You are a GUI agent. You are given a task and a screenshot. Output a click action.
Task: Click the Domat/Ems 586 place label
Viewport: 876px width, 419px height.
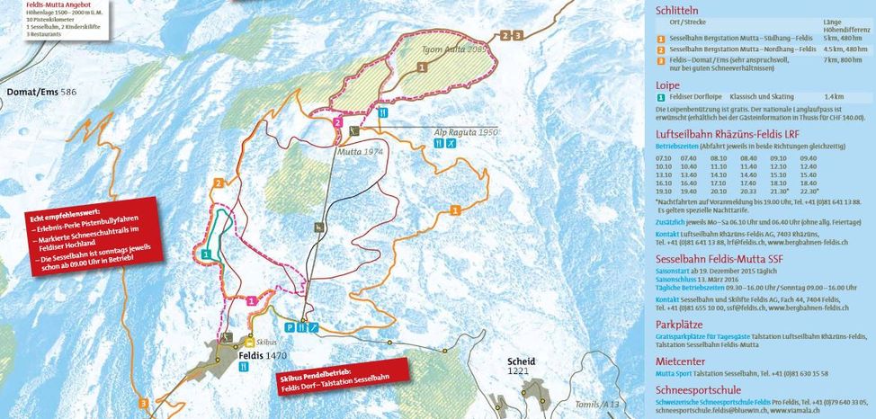click(x=41, y=93)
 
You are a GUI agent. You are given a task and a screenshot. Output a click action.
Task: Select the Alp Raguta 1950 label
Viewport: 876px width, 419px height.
click(x=466, y=132)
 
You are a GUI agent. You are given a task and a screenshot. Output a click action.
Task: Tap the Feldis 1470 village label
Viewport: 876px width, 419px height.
click(x=262, y=355)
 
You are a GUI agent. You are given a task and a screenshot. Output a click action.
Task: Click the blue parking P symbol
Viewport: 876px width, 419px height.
click(x=289, y=327)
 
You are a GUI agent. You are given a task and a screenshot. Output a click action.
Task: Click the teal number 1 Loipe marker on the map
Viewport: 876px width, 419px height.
click(x=207, y=254)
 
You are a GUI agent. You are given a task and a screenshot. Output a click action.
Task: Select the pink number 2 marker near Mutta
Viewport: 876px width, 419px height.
click(x=336, y=122)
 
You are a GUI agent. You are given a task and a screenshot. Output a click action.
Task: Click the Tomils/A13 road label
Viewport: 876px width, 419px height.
click(x=600, y=405)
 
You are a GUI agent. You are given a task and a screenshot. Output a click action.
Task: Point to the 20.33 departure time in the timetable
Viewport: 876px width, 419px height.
click(x=747, y=192)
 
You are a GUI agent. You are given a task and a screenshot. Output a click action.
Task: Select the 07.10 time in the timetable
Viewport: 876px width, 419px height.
click(x=664, y=156)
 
